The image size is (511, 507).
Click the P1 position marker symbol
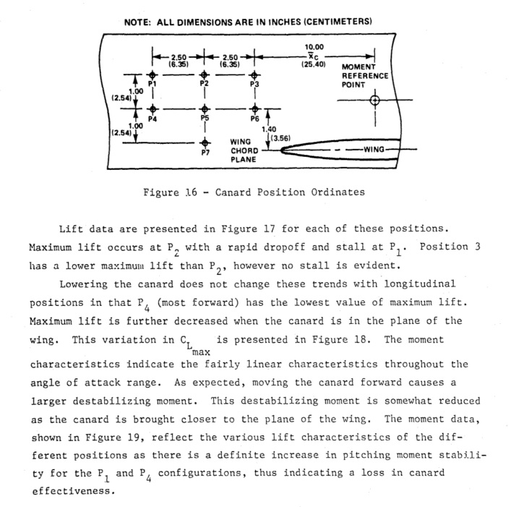click(x=153, y=74)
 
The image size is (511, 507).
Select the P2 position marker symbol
click(x=205, y=74)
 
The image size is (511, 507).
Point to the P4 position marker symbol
click(x=153, y=108)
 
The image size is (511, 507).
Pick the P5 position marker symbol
click(x=205, y=108)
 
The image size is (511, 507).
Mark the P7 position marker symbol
click(x=205, y=142)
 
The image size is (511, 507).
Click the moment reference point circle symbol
click(x=374, y=100)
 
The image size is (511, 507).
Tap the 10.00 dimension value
click(x=316, y=47)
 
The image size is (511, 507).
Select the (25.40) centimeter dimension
click(x=315, y=64)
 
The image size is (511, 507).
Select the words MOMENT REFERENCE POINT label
click(x=364, y=75)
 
